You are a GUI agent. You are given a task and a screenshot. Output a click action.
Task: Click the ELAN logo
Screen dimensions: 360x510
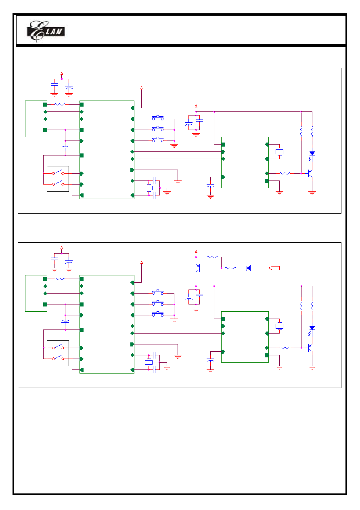pyautogui.click(x=46, y=31)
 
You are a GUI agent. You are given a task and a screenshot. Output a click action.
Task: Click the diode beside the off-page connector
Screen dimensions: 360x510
pyautogui.click(x=249, y=268)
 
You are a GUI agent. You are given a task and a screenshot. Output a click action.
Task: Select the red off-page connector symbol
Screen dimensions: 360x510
pyautogui.click(x=274, y=268)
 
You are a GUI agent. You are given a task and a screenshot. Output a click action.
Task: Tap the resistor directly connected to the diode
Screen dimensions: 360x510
pyautogui.click(x=230, y=268)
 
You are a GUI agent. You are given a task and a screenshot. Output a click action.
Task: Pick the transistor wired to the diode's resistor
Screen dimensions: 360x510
pyautogui.click(x=198, y=268)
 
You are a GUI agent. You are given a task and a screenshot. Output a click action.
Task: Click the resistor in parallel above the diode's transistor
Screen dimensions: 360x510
pyautogui.click(x=212, y=257)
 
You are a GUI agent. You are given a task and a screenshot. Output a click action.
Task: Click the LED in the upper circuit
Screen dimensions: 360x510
pyautogui.click(x=312, y=155)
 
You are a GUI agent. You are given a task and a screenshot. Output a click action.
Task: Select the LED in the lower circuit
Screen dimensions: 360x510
pyautogui.click(x=312, y=329)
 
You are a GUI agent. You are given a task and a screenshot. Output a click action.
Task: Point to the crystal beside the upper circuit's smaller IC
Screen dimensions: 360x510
pyautogui.click(x=279, y=152)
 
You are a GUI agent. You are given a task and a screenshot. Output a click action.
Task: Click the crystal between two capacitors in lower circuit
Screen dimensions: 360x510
pyautogui.click(x=149, y=362)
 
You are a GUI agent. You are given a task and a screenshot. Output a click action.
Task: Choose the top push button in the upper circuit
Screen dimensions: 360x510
pyautogui.click(x=158, y=118)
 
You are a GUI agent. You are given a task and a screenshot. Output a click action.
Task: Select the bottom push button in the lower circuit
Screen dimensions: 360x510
pyautogui.click(x=158, y=314)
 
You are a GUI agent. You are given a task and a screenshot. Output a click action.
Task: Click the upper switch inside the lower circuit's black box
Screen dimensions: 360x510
pyautogui.click(x=58, y=347)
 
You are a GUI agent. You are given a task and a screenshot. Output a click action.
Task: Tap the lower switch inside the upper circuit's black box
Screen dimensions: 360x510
pyautogui.click(x=58, y=183)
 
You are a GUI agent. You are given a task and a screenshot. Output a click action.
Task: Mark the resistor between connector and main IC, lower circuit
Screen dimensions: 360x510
pyautogui.click(x=60, y=279)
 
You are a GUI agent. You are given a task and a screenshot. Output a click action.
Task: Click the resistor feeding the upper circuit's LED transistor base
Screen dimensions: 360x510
pyautogui.click(x=285, y=174)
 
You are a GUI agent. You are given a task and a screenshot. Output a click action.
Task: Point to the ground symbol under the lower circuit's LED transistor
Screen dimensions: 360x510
pyautogui.click(x=312, y=367)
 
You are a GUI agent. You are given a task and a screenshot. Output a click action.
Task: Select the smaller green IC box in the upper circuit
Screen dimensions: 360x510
pyautogui.click(x=245, y=163)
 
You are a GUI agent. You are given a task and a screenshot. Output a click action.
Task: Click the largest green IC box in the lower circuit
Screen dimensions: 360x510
pyautogui.click(x=107, y=324)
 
